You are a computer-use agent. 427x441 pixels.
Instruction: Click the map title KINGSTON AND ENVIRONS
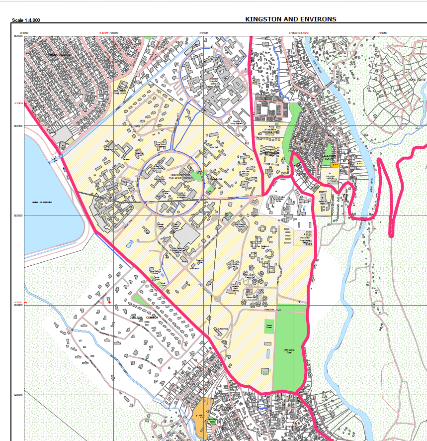[x=291, y=19]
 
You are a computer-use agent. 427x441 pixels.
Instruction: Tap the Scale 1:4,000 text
[x=26, y=20]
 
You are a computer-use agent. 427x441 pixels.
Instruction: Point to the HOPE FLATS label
[x=417, y=80]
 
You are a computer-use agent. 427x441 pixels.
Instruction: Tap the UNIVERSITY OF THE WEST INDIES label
[x=180, y=176]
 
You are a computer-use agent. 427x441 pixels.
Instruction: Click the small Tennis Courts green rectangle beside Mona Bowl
[x=268, y=327]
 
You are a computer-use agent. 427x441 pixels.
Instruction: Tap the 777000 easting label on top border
[x=203, y=33]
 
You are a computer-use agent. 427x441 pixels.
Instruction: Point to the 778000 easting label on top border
[x=382, y=33]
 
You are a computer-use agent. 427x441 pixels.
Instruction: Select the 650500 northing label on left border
[x=18, y=216]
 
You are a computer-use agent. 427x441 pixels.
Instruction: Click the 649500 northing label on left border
[x=18, y=395]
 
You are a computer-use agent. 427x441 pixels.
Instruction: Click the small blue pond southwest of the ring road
[x=129, y=244]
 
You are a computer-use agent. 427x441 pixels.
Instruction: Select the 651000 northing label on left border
[x=18, y=126]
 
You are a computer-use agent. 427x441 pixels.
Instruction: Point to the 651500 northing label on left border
[x=18, y=36]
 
